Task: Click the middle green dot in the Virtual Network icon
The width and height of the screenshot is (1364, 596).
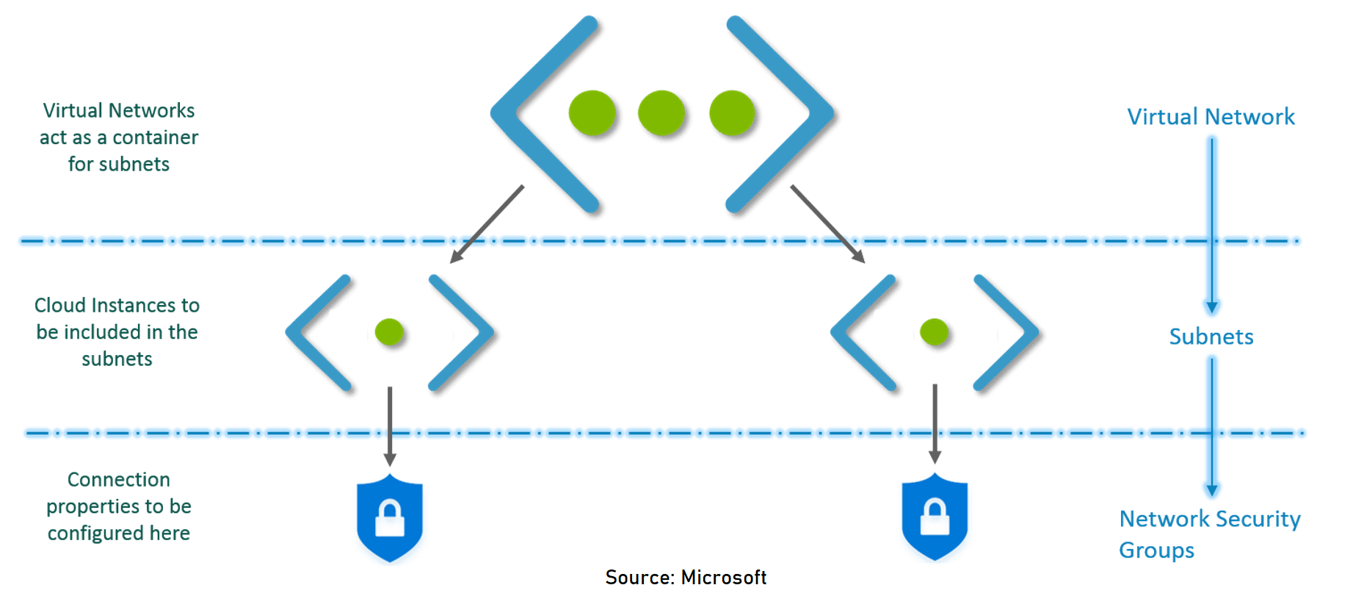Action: tap(661, 113)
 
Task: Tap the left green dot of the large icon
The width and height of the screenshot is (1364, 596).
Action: tap(592, 113)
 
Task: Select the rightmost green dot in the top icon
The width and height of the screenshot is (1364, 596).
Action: tap(732, 113)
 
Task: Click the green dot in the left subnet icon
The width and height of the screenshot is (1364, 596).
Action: tap(389, 332)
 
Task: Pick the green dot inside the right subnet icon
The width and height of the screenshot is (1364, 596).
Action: tap(935, 332)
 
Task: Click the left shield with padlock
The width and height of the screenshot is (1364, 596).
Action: tap(390, 517)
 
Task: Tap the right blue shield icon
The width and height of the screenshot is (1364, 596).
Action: tap(935, 517)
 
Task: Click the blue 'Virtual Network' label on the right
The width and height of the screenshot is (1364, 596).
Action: tap(1211, 117)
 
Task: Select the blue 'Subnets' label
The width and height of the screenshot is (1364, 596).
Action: tap(1211, 337)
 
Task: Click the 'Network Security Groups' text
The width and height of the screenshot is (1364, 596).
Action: tap(1209, 534)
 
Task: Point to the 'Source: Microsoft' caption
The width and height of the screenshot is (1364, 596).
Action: tap(686, 578)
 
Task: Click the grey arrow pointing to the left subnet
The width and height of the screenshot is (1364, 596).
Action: tap(487, 223)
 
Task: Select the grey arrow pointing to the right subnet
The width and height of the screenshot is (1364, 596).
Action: tap(827, 223)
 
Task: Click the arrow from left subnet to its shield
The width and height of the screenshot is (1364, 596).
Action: tap(390, 426)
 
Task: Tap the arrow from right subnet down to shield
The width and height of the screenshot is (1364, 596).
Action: tap(935, 424)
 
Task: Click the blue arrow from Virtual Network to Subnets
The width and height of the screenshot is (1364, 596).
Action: tap(1212, 224)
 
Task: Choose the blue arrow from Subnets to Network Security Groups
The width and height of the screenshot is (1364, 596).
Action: tap(1212, 426)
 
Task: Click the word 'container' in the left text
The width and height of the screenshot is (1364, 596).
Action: tap(155, 137)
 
